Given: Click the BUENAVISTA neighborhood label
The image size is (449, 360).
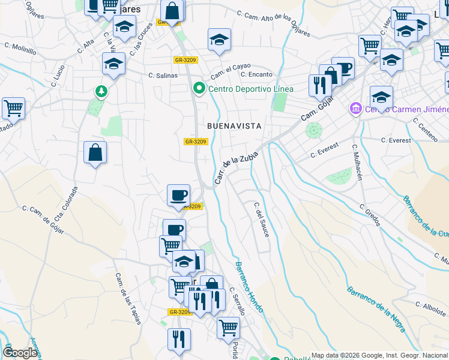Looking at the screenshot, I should point(234,126).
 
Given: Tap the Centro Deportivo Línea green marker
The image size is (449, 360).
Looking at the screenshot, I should point(200,89).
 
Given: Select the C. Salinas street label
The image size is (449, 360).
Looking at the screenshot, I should point(163,76).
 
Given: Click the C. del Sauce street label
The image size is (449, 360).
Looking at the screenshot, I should point(261,219).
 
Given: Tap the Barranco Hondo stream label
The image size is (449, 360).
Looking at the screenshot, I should point(249,288).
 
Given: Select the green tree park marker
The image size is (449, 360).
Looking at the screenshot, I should point(101,91).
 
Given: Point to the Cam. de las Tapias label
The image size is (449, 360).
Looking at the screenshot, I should point(128,299).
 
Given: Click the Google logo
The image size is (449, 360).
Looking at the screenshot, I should point(20,353).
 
